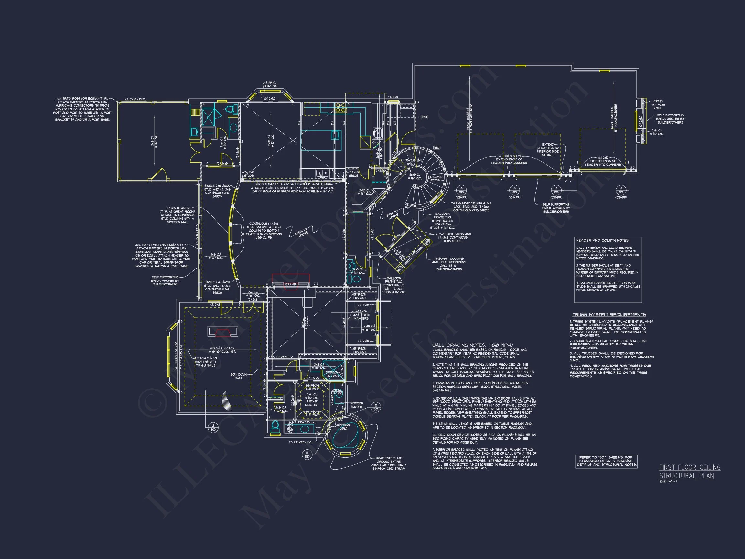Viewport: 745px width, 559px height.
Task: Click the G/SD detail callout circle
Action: point(213,428)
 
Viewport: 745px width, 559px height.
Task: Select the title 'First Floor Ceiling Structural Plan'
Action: point(689,471)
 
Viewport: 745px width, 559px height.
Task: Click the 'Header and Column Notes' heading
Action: point(602,241)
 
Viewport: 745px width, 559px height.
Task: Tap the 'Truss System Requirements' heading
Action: point(609,315)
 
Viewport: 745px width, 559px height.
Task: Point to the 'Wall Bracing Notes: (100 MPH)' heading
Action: point(472,345)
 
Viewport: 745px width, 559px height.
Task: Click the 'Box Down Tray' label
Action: point(238,376)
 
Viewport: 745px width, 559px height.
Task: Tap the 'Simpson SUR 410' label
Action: point(356,405)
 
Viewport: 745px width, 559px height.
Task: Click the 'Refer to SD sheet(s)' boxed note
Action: point(606,461)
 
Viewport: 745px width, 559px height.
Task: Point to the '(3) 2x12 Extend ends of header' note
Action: point(603,161)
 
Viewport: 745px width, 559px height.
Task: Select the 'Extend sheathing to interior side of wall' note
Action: point(548,149)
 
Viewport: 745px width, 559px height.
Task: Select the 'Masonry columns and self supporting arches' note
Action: point(449,264)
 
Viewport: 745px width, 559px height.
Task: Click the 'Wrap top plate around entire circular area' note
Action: point(389,463)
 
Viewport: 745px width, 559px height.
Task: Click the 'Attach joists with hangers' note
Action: point(362,315)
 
